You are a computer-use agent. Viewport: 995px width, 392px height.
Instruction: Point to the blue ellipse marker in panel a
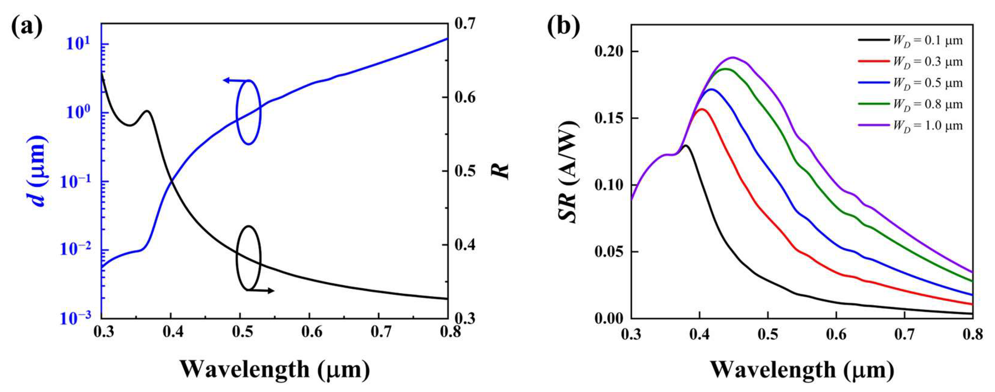249,112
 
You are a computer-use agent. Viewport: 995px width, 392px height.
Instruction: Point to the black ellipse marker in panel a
249,258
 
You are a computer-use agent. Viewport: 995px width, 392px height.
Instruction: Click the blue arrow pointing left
231,80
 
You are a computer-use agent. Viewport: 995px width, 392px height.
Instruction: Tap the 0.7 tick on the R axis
464,24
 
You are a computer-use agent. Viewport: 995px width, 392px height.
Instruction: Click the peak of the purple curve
732,58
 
